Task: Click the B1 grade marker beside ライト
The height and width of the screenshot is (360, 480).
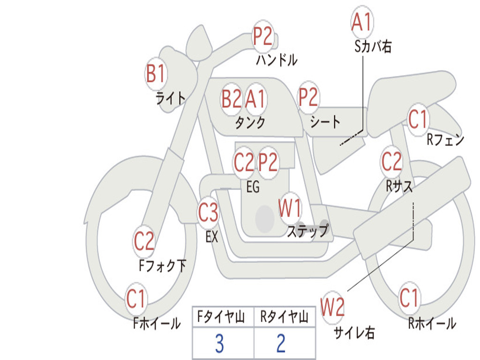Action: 156,74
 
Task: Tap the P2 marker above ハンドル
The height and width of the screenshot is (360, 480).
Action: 262,36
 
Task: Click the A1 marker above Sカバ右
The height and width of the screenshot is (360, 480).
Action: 362,22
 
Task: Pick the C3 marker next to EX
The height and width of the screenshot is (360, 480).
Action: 208,212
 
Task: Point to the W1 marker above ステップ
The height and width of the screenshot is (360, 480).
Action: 290,208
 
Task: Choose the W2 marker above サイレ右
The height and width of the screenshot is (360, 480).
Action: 332,307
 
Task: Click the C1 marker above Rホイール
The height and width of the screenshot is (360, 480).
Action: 409,298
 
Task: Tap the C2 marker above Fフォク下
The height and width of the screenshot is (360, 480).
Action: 144,241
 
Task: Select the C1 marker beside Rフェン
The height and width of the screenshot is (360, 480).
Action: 418,119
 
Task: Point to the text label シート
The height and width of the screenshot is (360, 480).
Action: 325,121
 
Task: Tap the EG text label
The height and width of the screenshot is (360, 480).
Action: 253,187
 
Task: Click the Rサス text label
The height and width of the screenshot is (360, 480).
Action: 399,186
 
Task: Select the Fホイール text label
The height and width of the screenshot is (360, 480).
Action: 157,323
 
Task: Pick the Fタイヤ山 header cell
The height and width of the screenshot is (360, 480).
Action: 223,317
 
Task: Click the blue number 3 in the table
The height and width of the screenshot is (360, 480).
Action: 219,344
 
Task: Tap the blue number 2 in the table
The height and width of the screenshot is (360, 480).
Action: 281,344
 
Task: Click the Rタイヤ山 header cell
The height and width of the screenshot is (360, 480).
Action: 285,317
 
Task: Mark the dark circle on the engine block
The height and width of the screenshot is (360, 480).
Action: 265,218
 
